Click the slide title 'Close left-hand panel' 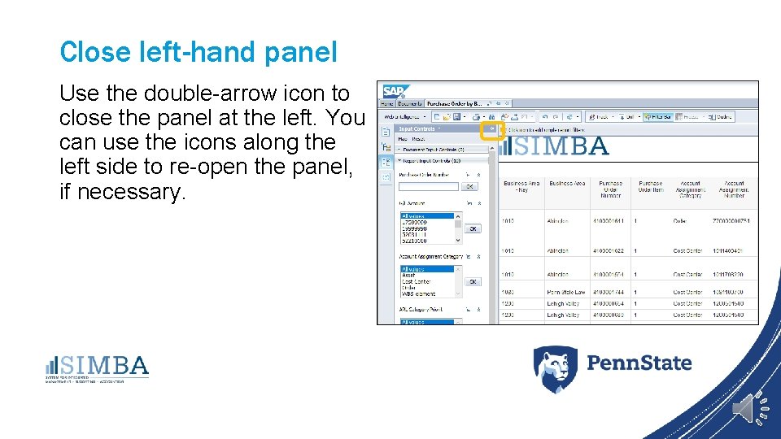[x=198, y=52]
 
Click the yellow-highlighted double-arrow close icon [x=491, y=129]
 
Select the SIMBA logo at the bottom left [x=98, y=367]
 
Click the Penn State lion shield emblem [x=555, y=369]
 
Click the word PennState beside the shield [x=639, y=363]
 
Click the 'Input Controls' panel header [x=417, y=128]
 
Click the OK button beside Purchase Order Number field [x=470, y=186]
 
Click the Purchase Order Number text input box [x=428, y=186]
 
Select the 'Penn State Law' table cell [x=566, y=292]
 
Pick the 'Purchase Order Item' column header [x=650, y=189]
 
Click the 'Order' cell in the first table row [x=680, y=221]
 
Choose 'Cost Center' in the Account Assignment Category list [x=417, y=281]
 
